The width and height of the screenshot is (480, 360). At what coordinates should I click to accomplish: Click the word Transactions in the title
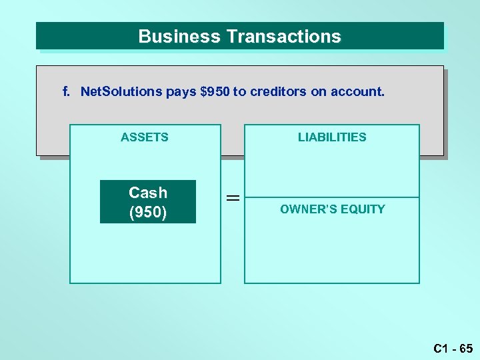pyautogui.click(x=283, y=37)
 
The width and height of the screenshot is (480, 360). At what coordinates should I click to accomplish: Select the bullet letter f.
pyautogui.click(x=66, y=91)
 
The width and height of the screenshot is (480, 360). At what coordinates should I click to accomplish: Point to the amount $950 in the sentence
pyautogui.click(x=214, y=91)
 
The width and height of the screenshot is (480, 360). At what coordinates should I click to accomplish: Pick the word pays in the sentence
pyautogui.click(x=181, y=92)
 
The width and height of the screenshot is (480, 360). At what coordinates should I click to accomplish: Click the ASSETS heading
pyautogui.click(x=145, y=137)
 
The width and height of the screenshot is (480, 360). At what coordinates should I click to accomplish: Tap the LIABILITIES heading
pyautogui.click(x=332, y=137)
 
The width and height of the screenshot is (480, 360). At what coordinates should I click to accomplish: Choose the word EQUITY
pyautogui.click(x=363, y=209)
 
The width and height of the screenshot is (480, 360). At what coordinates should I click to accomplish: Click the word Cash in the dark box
pyautogui.click(x=148, y=193)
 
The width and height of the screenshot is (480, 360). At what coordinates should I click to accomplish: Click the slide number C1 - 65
pyautogui.click(x=453, y=348)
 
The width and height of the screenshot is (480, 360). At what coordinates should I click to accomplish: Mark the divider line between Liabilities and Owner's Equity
pyautogui.click(x=332, y=197)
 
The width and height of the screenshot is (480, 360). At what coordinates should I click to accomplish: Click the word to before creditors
pyautogui.click(x=238, y=91)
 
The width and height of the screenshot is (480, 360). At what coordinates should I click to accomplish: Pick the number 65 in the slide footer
pyautogui.click(x=465, y=348)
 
